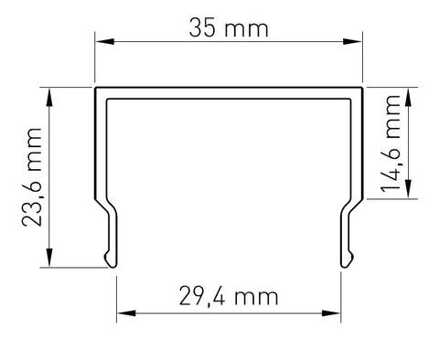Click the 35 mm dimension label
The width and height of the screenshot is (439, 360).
click(x=229, y=28)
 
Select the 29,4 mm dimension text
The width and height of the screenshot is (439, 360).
click(x=229, y=296)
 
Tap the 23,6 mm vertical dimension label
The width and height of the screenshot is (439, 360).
click(x=32, y=177)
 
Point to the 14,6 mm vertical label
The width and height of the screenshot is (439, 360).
click(x=391, y=143)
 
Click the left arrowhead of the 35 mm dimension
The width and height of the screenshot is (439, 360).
click(x=104, y=41)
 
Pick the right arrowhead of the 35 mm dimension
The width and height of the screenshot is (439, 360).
click(x=352, y=41)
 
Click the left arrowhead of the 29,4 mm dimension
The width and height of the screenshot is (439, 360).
click(x=126, y=313)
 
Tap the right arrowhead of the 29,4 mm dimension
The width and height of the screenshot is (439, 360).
click(x=331, y=313)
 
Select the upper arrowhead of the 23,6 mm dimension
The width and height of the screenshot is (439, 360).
click(x=49, y=97)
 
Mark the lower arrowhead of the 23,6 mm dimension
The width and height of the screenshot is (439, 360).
click(x=49, y=258)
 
